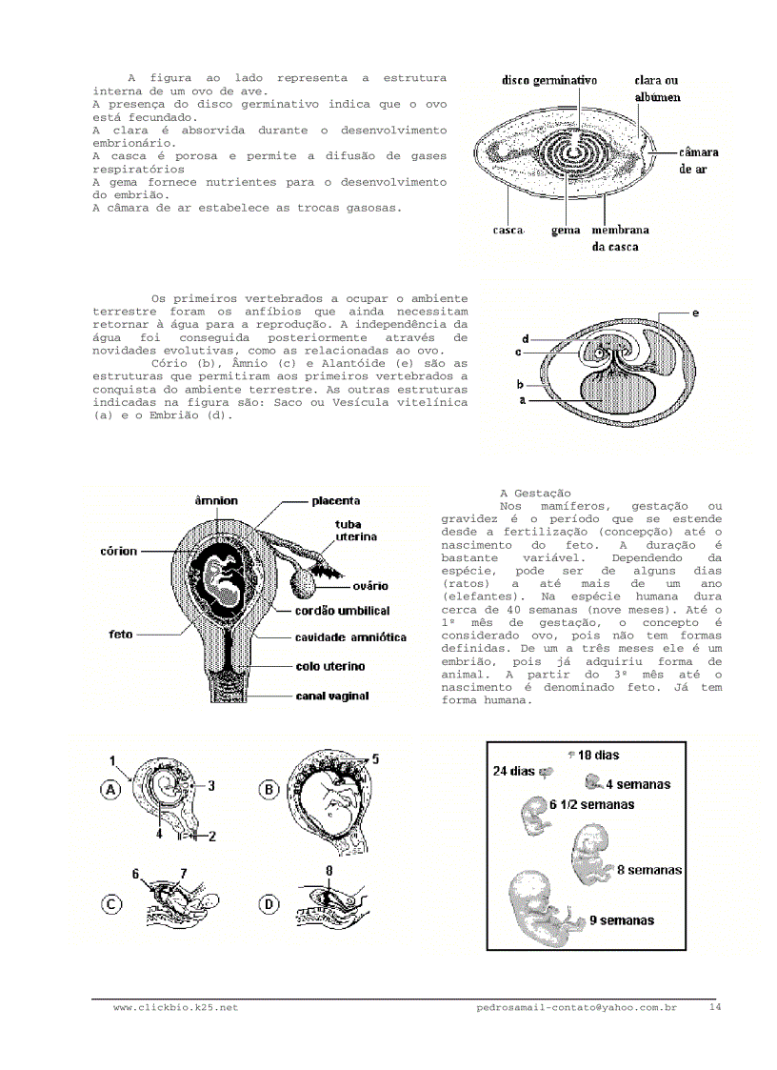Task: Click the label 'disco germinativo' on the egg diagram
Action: pyautogui.click(x=549, y=81)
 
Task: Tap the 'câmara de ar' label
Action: pyautogui.click(x=698, y=159)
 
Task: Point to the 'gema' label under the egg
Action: pyautogui.click(x=567, y=230)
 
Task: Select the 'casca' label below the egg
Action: pyautogui.click(x=508, y=230)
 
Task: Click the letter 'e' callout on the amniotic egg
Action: pyautogui.click(x=695, y=312)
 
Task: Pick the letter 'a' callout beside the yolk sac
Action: pyautogui.click(x=523, y=401)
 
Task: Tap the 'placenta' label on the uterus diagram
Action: pyautogui.click(x=336, y=500)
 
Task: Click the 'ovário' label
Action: pyautogui.click(x=369, y=586)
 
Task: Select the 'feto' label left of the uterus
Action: pyautogui.click(x=120, y=633)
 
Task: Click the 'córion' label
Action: pyautogui.click(x=118, y=551)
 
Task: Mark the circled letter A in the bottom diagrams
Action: pyautogui.click(x=111, y=790)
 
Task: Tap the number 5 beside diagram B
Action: pyautogui.click(x=375, y=759)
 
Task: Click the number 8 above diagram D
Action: pyautogui.click(x=329, y=870)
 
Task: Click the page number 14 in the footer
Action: pyautogui.click(x=715, y=1006)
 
